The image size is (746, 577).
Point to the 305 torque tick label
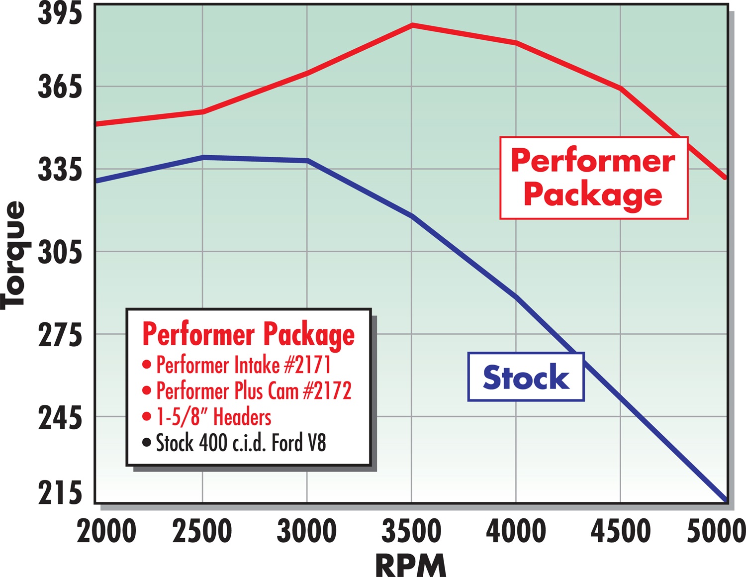click(x=60, y=252)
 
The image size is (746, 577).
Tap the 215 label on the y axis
click(x=60, y=493)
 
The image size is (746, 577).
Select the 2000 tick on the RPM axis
click(x=106, y=531)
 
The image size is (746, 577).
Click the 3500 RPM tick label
click(x=411, y=531)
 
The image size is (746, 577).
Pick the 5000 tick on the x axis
click(x=716, y=531)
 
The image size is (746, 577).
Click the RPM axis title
click(x=411, y=565)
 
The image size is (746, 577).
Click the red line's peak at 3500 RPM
click(x=412, y=25)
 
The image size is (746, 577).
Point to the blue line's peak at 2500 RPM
click(x=203, y=157)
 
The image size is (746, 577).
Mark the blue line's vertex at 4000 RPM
click(x=517, y=297)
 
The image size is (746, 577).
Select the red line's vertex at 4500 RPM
click(x=621, y=89)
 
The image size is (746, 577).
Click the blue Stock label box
click(x=526, y=377)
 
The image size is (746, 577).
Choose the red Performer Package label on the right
click(x=593, y=178)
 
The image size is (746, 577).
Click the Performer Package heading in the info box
click(x=248, y=334)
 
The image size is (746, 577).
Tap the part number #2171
click(x=307, y=365)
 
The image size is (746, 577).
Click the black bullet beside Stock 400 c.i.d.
click(x=146, y=442)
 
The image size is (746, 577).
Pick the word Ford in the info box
click(x=287, y=443)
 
